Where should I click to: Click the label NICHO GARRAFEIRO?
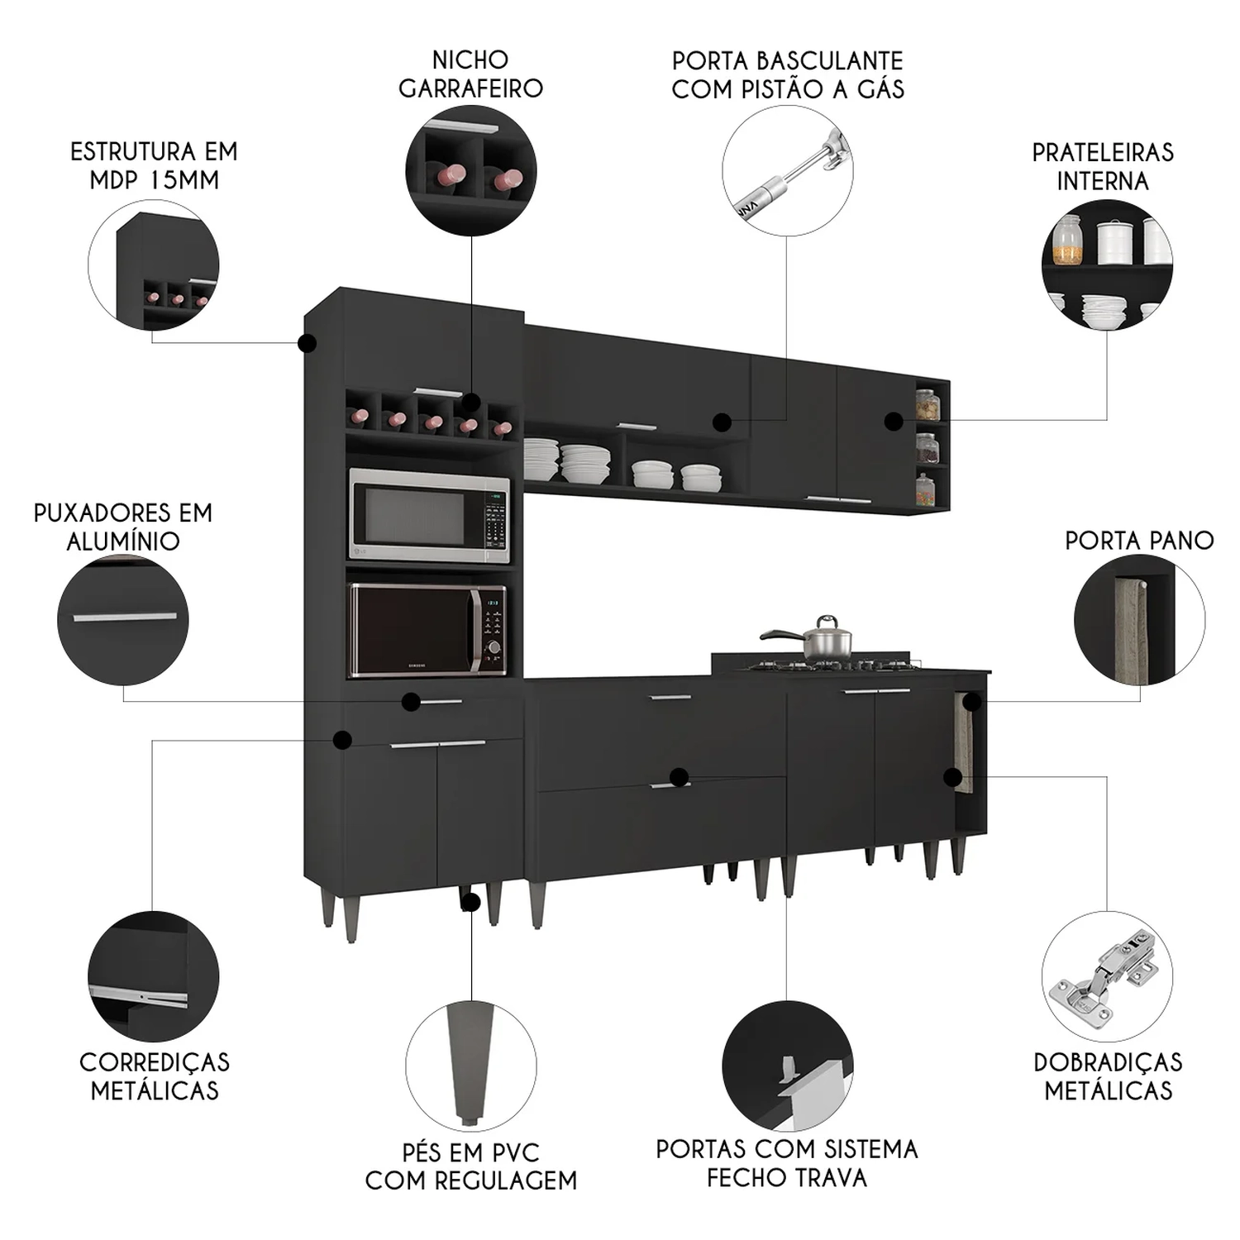click(470, 74)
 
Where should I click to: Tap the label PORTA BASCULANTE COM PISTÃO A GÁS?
click(787, 74)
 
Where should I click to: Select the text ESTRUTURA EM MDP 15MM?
click(154, 165)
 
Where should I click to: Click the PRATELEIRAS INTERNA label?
click(1103, 166)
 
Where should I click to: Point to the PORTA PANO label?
click(1138, 541)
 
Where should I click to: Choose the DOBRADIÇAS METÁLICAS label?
click(1108, 1075)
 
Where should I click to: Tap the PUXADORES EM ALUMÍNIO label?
click(123, 527)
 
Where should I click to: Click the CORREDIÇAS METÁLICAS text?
click(155, 1075)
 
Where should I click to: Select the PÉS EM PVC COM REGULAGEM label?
click(470, 1166)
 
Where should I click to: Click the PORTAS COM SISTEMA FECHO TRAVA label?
click(786, 1162)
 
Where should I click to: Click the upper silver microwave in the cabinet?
click(428, 515)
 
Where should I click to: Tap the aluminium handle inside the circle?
click(124, 617)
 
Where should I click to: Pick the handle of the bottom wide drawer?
click(670, 785)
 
